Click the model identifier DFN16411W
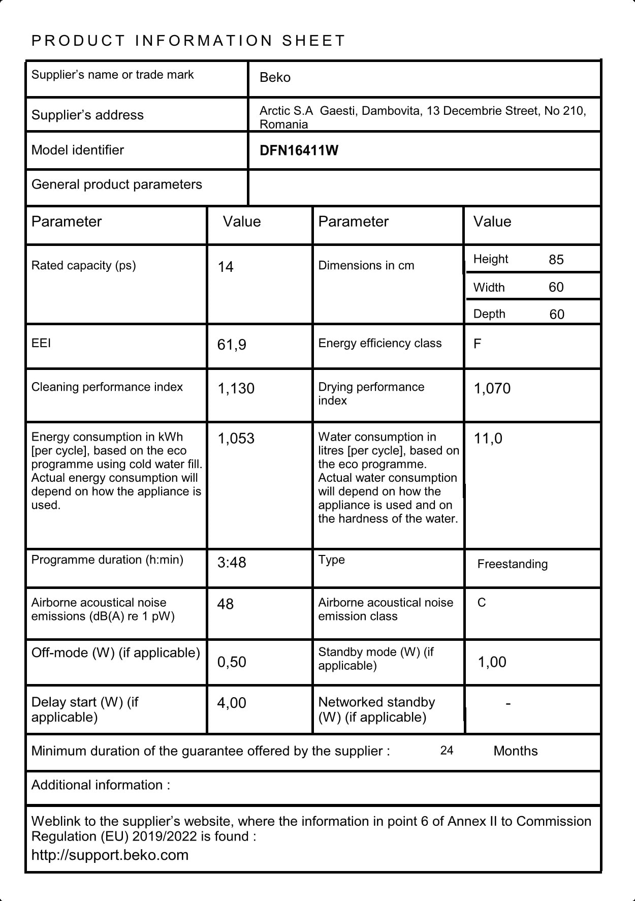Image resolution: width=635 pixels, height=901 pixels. pyautogui.click(x=299, y=150)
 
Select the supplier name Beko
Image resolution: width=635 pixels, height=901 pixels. pyautogui.click(x=275, y=77)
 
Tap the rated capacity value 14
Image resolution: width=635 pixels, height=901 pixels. pyautogui.click(x=226, y=267)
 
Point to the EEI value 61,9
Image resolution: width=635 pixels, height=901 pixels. pyautogui.click(x=232, y=345)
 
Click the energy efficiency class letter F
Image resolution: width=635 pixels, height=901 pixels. pyautogui.click(x=477, y=344)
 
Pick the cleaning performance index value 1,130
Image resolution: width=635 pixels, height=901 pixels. pyautogui.click(x=236, y=388)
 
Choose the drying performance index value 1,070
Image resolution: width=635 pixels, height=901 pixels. pyautogui.click(x=492, y=388)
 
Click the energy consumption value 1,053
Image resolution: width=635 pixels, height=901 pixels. pyautogui.click(x=236, y=438)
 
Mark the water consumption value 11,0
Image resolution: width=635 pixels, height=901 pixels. pyautogui.click(x=488, y=438)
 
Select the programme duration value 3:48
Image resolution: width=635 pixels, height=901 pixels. pyautogui.click(x=232, y=563)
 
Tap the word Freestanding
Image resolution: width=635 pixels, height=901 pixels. pyautogui.click(x=513, y=564)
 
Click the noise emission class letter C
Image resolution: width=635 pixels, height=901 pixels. pyautogui.click(x=482, y=603)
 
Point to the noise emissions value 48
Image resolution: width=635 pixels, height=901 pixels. pyautogui.click(x=226, y=604)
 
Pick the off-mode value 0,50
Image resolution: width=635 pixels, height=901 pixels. pyautogui.click(x=232, y=662)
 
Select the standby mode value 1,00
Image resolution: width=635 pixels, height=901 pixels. pyautogui.click(x=492, y=662)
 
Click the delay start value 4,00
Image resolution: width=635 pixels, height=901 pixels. pyautogui.click(x=232, y=703)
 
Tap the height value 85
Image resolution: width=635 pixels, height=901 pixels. pyautogui.click(x=556, y=260)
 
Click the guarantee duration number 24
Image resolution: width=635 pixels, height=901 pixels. pyautogui.click(x=447, y=751)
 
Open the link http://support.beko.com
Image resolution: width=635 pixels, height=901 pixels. pyautogui.click(x=110, y=855)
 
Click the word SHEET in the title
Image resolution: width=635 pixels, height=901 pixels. pyautogui.click(x=313, y=41)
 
